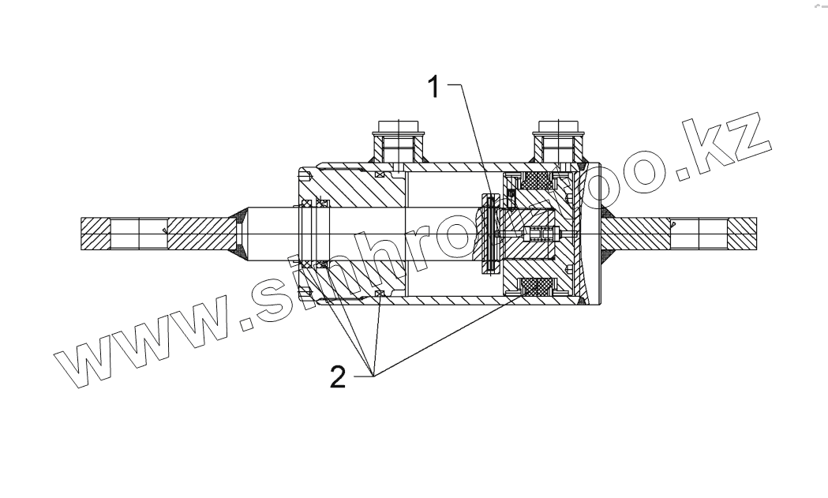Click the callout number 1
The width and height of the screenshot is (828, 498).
click(x=433, y=86)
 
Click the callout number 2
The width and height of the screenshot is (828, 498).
click(x=337, y=378)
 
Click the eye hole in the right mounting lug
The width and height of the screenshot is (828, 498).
click(x=699, y=234)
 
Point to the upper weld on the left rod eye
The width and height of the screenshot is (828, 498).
click(x=238, y=215)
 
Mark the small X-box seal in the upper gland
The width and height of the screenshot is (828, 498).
click(x=380, y=174)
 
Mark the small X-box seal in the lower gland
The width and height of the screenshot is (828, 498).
click(x=380, y=295)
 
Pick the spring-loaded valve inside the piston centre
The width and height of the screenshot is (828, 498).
click(x=541, y=234)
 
